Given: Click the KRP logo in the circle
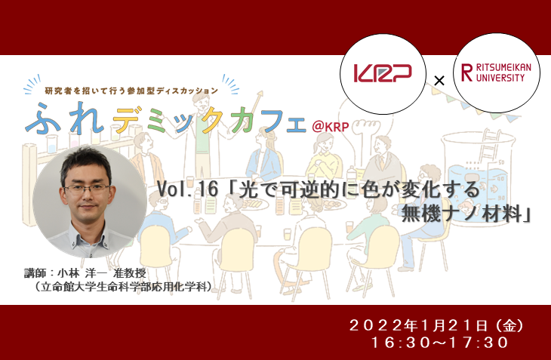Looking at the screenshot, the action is [x=383, y=73].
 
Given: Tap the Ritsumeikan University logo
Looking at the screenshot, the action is [x=496, y=72].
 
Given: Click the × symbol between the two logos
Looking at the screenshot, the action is [x=439, y=81].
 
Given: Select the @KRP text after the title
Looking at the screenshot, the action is [x=331, y=127].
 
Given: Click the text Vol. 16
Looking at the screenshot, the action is [x=188, y=189].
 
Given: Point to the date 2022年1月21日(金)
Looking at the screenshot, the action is [x=436, y=326].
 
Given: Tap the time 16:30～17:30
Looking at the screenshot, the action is [x=439, y=343].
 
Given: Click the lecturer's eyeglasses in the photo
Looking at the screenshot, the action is [x=87, y=189].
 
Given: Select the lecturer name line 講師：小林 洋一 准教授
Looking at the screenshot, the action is [x=85, y=273].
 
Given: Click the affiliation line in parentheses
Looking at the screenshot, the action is [x=122, y=287].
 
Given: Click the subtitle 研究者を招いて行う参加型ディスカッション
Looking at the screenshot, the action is [x=132, y=91].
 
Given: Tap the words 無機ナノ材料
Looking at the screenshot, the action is [x=461, y=213].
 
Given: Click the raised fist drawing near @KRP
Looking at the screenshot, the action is [x=365, y=129].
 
